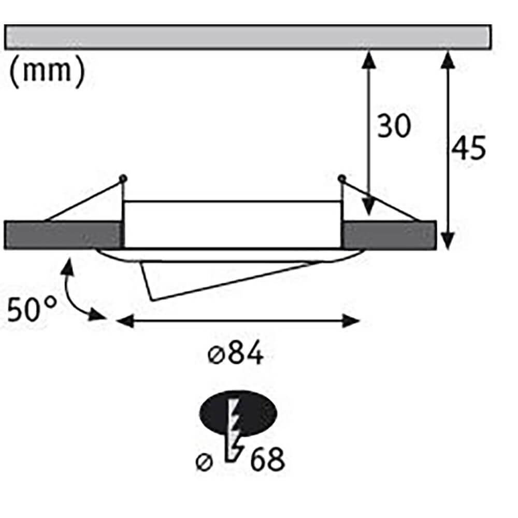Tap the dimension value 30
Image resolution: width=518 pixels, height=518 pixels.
pyautogui.click(x=393, y=126)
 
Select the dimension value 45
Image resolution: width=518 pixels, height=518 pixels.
pyautogui.click(x=468, y=149)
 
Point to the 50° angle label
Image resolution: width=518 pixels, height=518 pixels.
pyautogui.click(x=32, y=310)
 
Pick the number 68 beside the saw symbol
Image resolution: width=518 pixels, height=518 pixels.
pyautogui.click(x=267, y=459)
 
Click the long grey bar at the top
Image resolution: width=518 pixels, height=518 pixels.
pyautogui.click(x=247, y=37)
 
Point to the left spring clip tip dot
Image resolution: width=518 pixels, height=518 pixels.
pyautogui.click(x=123, y=179)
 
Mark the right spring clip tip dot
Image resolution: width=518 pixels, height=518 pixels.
pyautogui.click(x=341, y=179)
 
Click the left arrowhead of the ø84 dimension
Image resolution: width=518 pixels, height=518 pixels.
pyautogui.click(x=123, y=321)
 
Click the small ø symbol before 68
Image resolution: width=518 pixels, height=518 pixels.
pyautogui.click(x=206, y=462)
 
